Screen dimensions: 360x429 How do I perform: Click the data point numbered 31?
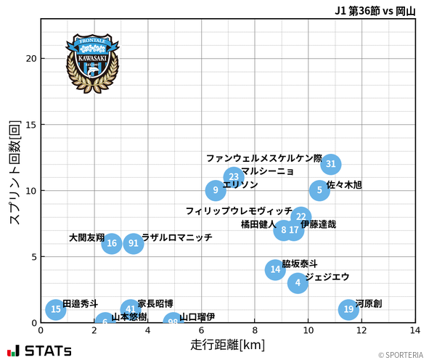pos(331,164)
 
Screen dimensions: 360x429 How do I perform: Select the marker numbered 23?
pos(234,177)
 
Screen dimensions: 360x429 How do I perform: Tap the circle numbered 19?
pos(348,309)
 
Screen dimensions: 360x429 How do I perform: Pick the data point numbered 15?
pos(56,309)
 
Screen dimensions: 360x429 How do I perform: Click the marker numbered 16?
pos(112,243)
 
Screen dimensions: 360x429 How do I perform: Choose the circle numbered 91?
pos(134,243)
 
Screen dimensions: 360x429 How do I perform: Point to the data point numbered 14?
pos(275,270)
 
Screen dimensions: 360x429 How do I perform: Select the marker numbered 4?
pos(298,282)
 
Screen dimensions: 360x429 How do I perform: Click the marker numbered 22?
pos(301,217)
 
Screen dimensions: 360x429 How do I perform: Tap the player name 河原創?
pos(369,303)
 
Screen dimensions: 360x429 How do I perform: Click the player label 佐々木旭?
pos(344,185)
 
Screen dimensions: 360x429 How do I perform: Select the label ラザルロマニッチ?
pos(177,237)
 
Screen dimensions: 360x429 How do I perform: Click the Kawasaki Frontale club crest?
pos(92,61)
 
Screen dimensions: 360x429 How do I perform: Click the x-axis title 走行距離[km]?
pos(227,343)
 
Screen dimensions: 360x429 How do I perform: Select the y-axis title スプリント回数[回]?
pos(14,171)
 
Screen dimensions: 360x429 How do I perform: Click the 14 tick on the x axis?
pos(414,330)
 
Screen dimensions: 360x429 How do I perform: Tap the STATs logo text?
pos(48,351)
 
